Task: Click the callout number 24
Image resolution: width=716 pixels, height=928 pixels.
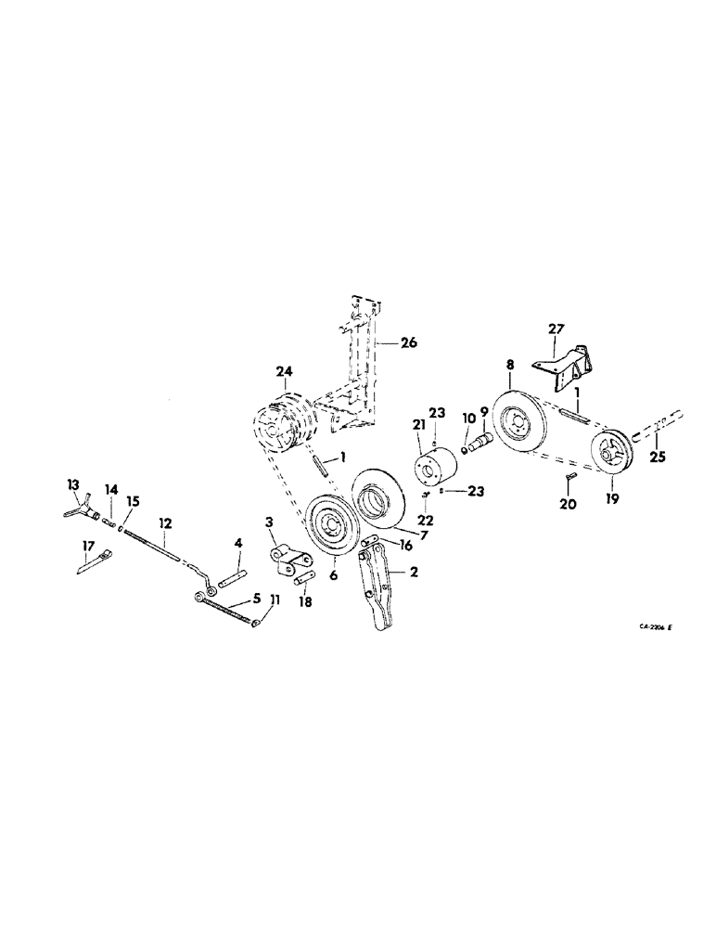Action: point(284,372)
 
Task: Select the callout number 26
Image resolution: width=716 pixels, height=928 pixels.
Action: point(409,342)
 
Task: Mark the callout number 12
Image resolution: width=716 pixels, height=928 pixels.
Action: point(164,522)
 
